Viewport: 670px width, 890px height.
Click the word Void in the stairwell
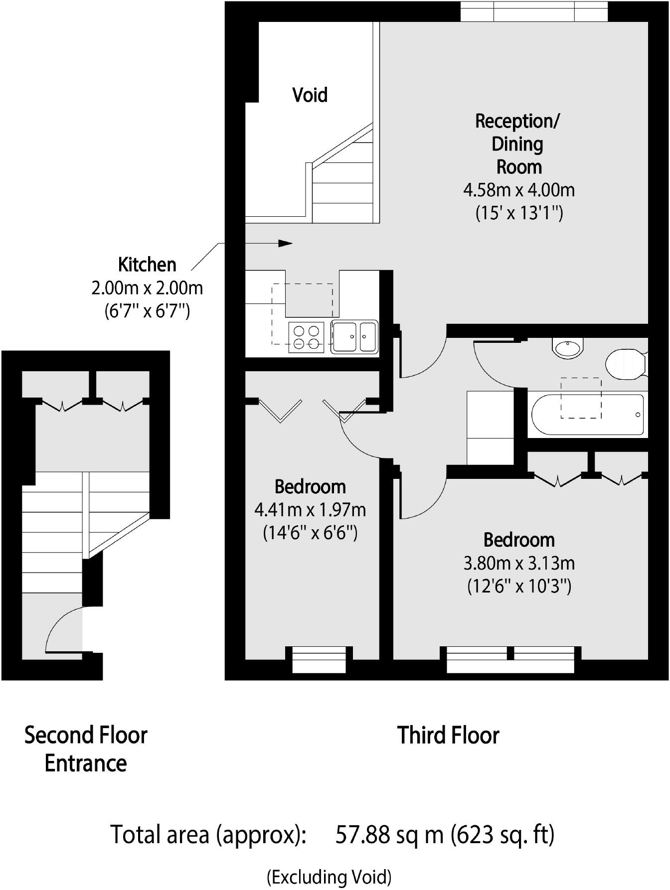pos(310,95)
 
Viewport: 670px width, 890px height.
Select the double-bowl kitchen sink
pos(354,337)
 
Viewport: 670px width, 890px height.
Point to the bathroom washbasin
pos(568,347)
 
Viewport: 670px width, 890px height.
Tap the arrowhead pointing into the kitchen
pos(285,243)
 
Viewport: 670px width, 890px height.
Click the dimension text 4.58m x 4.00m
pos(519,190)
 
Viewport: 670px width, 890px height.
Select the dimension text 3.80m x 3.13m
pos(519,563)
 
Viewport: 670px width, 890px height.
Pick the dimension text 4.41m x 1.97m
pos(310,510)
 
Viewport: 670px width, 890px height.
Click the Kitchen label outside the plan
pos(147,265)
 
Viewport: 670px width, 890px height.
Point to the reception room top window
pos(534,11)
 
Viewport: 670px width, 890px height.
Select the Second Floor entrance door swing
pos(62,629)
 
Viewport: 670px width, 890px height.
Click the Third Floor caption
pos(448,736)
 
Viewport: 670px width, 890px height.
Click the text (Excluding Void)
pos(329,877)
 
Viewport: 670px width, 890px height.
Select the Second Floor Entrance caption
pos(86,749)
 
